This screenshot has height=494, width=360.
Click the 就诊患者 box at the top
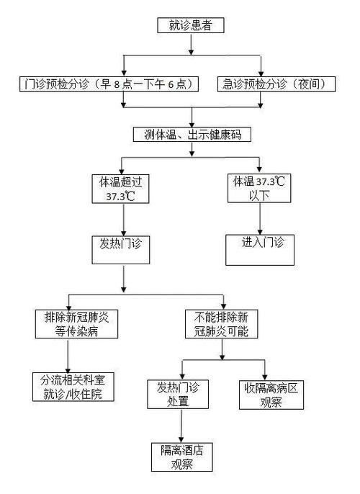[191, 27]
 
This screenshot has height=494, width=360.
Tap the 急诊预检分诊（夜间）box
[277, 84]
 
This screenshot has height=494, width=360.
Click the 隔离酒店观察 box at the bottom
[182, 457]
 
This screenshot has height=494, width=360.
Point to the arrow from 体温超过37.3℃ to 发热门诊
[126, 217]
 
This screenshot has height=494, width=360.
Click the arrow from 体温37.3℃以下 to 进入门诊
[258, 218]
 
